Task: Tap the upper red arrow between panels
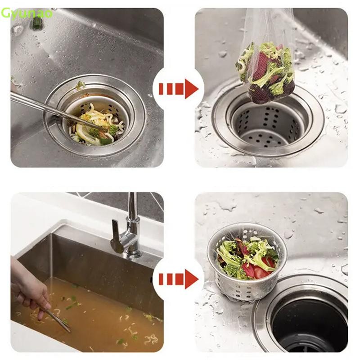pos(178,89)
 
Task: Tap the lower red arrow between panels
pos(178,279)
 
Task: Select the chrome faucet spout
pos(131,220)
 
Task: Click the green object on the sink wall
pos(37,23)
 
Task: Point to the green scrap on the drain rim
pos(80,85)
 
